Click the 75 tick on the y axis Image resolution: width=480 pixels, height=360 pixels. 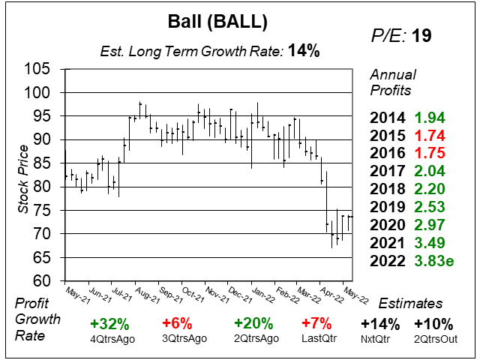click(42, 211)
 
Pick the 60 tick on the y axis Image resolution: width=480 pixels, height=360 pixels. click(42, 280)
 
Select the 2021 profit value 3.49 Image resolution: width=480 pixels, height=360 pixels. click(429, 243)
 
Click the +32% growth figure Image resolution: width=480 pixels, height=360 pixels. click(109, 325)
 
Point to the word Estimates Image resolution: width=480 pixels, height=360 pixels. click(410, 304)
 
